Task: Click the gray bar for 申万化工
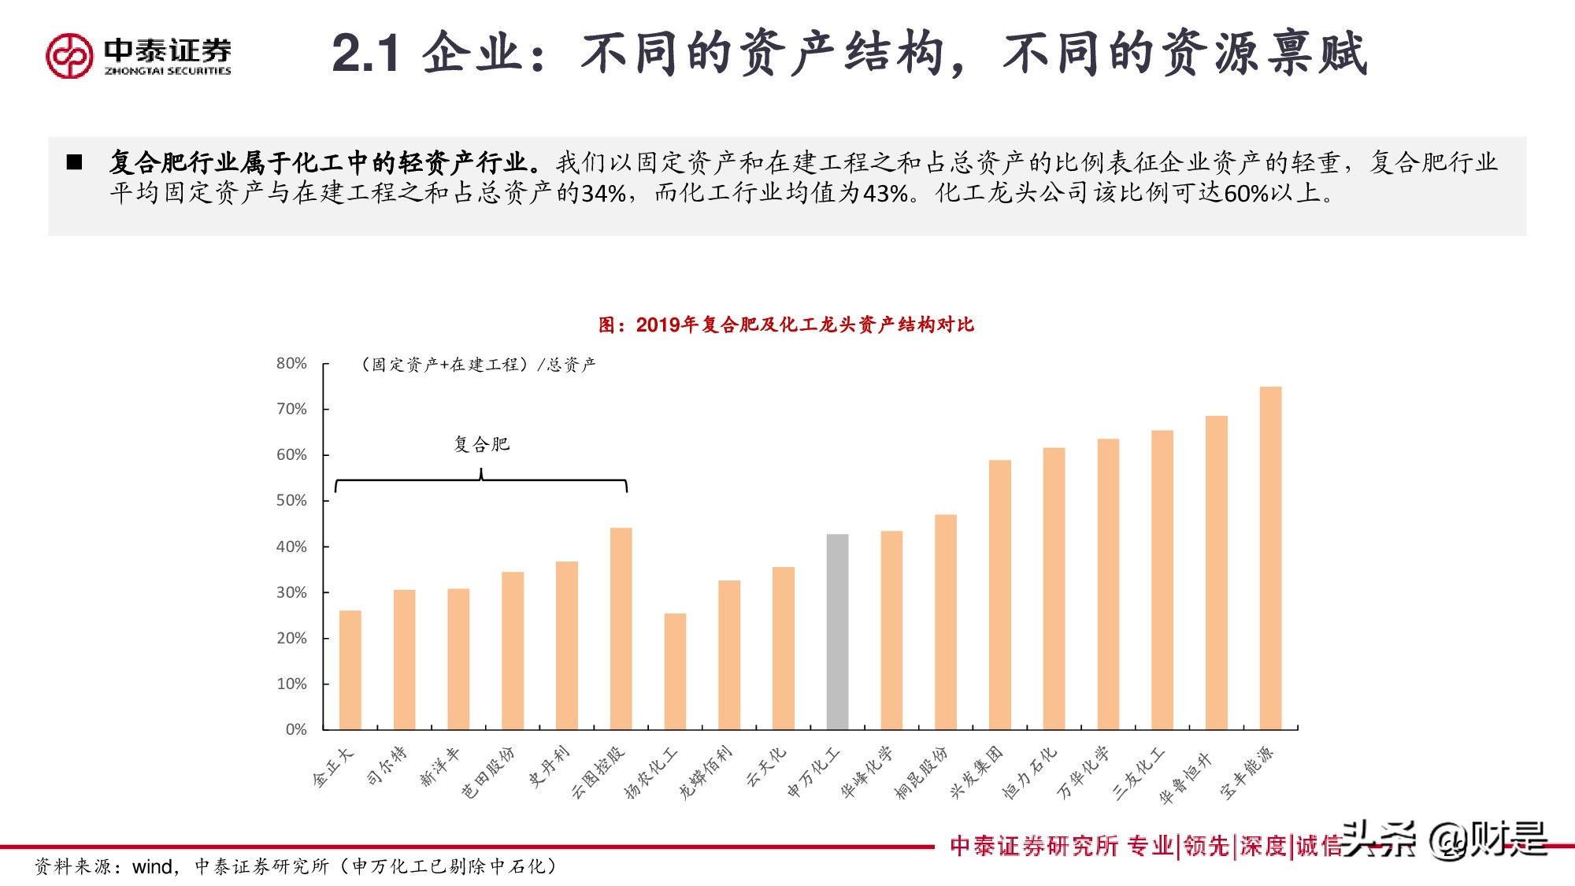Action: pos(837,632)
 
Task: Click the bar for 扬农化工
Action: pos(675,671)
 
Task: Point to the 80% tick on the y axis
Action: pos(291,363)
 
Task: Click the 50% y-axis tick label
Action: pos(291,500)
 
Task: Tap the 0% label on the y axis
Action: pos(296,729)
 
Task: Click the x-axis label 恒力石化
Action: pos(1029,773)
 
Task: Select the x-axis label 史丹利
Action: pos(548,767)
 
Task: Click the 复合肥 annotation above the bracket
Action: pos(481,444)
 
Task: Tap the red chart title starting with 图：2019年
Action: pos(786,324)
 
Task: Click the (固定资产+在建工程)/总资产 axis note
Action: pos(478,364)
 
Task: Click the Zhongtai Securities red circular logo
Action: pos(69,56)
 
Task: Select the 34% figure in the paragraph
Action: pos(603,193)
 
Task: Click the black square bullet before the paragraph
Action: pos(75,162)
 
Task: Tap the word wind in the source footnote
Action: pos(152,867)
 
